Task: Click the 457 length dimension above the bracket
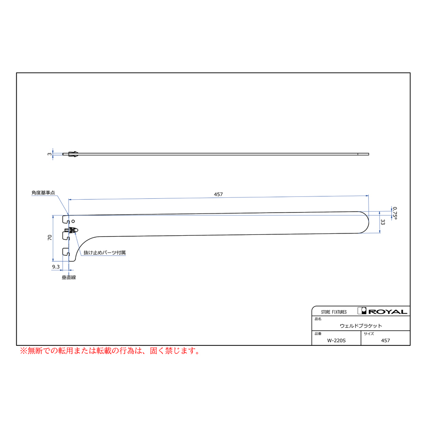[218, 195]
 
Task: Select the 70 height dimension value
[49, 238]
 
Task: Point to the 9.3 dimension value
[56, 267]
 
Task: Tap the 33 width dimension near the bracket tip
[383, 222]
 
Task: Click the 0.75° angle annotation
[395, 213]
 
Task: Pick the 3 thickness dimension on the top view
[49, 154]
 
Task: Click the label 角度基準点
[43, 193]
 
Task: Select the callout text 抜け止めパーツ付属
[104, 253]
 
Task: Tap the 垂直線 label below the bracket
[69, 278]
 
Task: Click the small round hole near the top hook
[73, 222]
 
